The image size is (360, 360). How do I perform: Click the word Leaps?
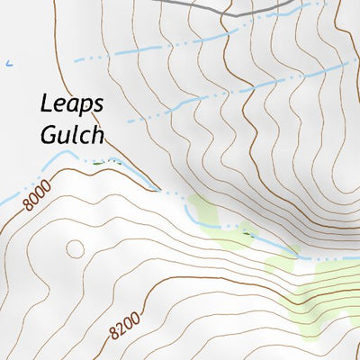click(x=72, y=103)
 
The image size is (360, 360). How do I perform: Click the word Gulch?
click(x=73, y=134)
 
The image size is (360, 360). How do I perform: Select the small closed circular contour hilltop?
click(x=74, y=247)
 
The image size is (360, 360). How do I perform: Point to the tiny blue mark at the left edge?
click(x=8, y=63)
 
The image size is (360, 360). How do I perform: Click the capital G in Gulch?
click(x=49, y=134)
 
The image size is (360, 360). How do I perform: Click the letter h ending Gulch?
click(x=98, y=134)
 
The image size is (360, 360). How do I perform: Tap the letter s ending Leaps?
click(x=98, y=104)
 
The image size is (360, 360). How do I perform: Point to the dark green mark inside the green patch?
click(x=248, y=236)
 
